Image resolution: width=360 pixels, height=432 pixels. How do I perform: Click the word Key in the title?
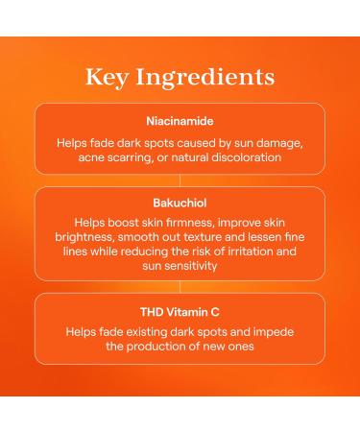(x=108, y=76)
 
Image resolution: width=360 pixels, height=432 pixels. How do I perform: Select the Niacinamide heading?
(x=180, y=123)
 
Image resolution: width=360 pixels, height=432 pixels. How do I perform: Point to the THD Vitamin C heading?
(x=180, y=311)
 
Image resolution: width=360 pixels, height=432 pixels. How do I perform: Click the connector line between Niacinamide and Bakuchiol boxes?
(x=180, y=180)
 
